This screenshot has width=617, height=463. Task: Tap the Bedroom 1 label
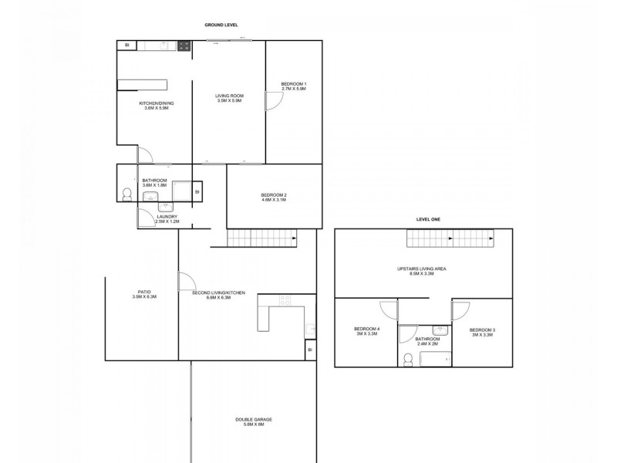coord(294,86)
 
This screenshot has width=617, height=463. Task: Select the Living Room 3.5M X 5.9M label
coord(229,98)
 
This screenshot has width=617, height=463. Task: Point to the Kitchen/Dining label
coord(154,105)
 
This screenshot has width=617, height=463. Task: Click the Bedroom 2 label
coord(273,197)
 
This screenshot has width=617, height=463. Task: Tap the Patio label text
coord(144,294)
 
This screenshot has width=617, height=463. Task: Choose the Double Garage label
coord(254,421)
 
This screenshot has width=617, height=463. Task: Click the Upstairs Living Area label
coord(423,271)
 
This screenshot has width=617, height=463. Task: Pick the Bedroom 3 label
coord(482,332)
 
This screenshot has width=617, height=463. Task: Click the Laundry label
coord(167,219)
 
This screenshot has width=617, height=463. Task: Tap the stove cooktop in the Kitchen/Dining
coord(184,46)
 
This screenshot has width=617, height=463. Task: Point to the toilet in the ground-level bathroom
coord(126,195)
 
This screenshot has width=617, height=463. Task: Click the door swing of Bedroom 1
coord(271,101)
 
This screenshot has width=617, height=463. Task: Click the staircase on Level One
coord(438,242)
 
